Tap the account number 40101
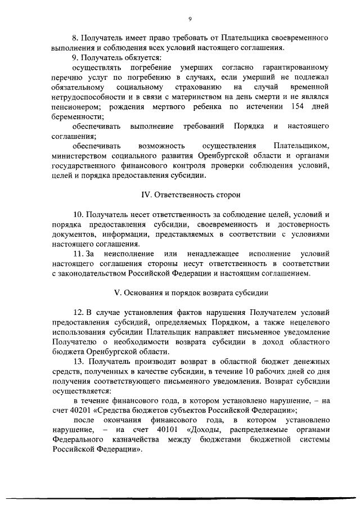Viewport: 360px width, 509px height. click(157, 430)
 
